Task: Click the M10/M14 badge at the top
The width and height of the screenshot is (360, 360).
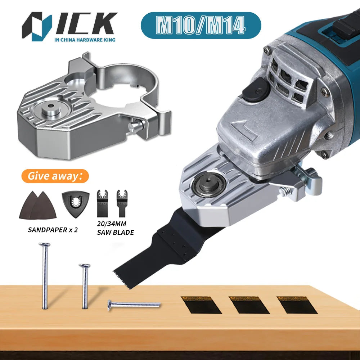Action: (201, 25)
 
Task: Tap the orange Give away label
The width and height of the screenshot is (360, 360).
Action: (55, 176)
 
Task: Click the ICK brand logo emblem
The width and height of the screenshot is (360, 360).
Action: (37, 26)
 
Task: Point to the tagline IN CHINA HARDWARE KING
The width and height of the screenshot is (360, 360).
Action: (85, 40)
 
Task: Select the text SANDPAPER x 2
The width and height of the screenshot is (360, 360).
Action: (53, 230)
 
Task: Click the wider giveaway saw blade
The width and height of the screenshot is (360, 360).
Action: (102, 203)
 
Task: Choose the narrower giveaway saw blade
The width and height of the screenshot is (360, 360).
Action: (122, 203)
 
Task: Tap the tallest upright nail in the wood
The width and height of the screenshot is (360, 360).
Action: (45, 275)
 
